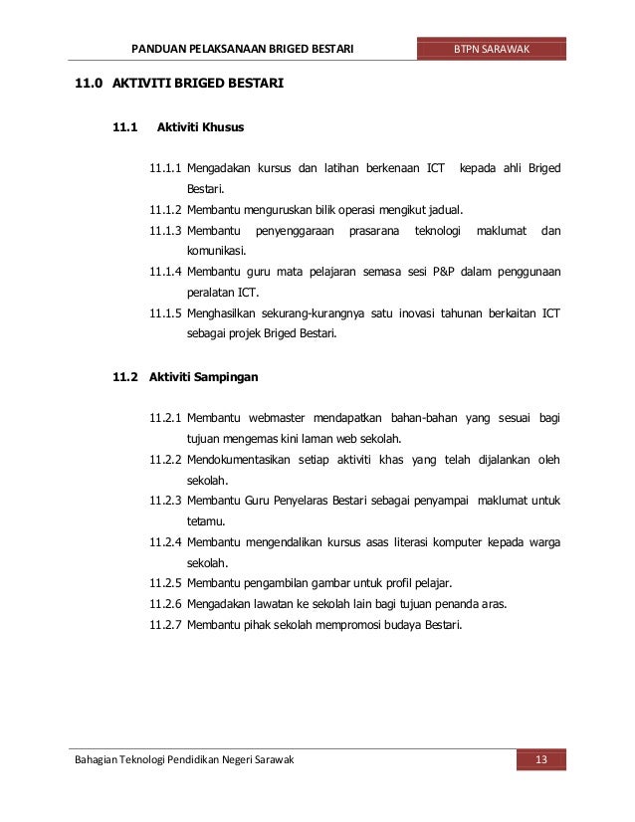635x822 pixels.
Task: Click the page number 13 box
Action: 541,761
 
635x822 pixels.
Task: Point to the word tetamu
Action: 207,520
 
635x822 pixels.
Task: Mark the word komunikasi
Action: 218,251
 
